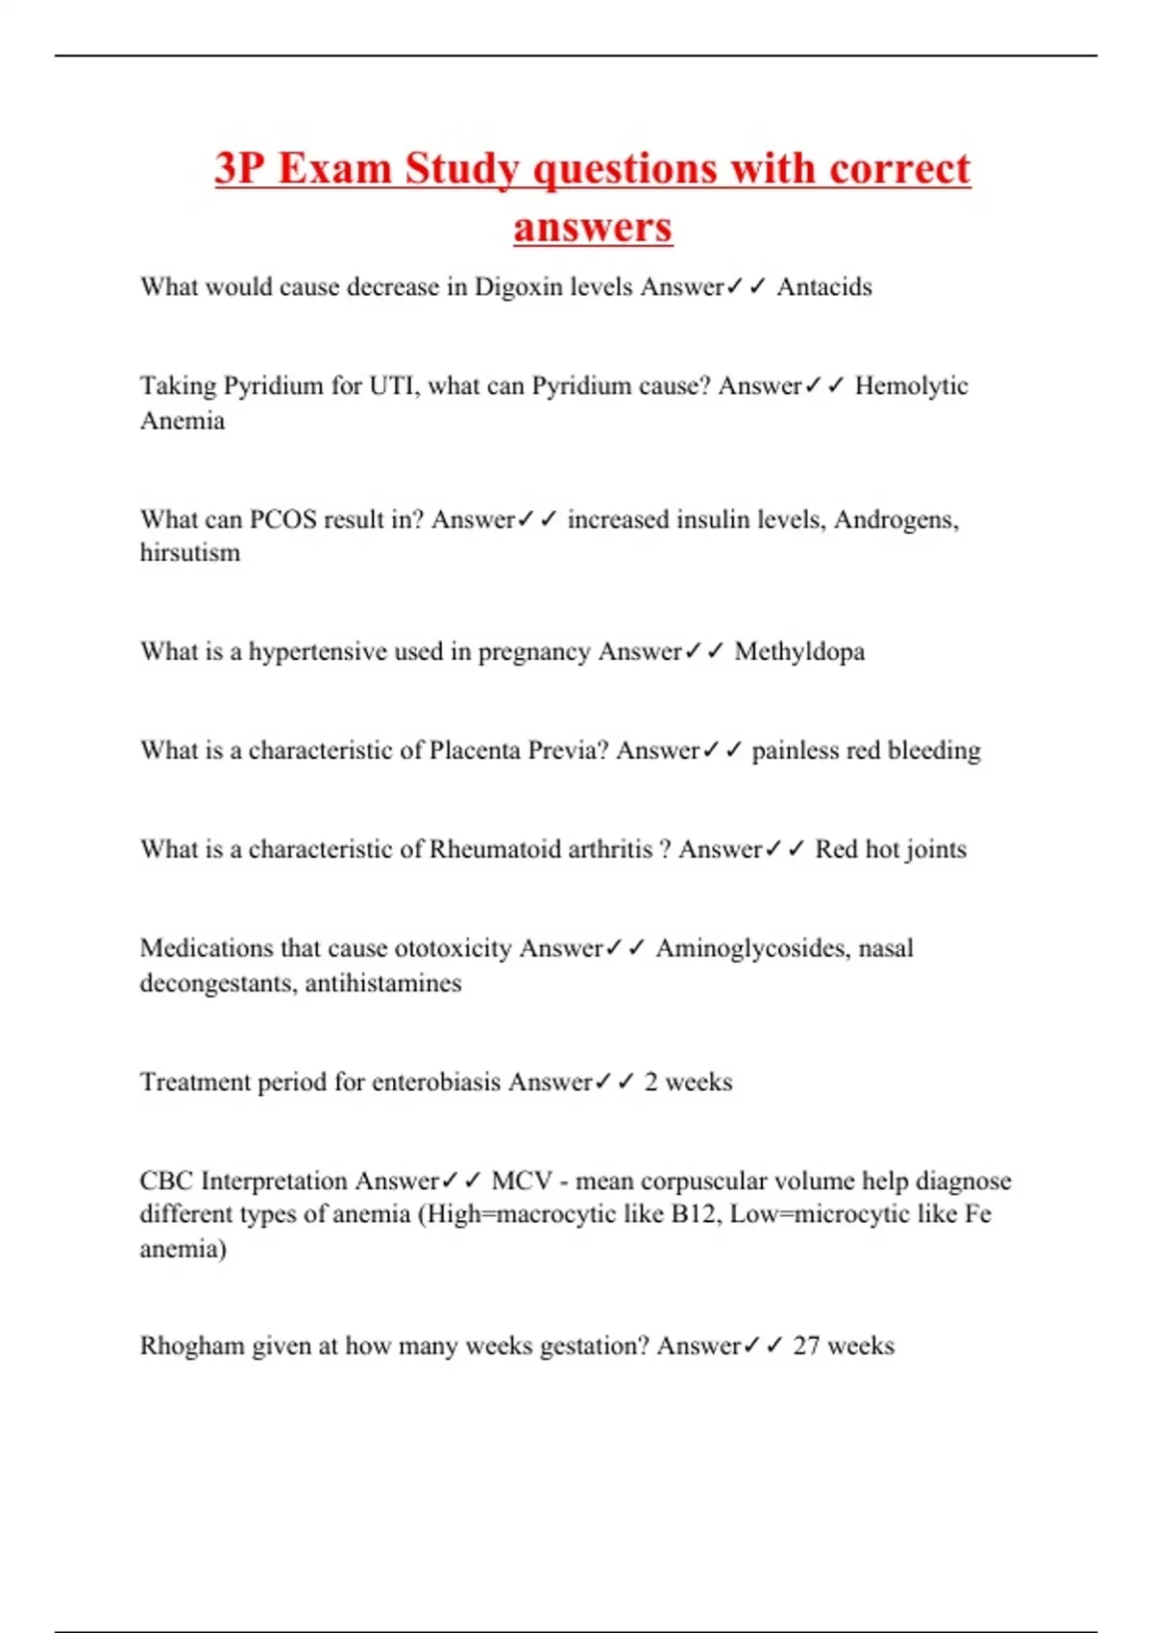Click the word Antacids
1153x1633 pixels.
tap(824, 287)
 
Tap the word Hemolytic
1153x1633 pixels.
tap(911, 386)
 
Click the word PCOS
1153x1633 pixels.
tap(282, 520)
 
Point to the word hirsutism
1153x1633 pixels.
tap(190, 553)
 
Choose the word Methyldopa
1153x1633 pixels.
tap(799, 652)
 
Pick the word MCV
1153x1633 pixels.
tap(522, 1181)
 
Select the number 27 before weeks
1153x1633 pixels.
tap(805, 1346)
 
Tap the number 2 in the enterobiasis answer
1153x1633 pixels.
tap(651, 1083)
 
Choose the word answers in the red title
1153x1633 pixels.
tap(592, 228)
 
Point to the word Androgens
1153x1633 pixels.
tap(895, 520)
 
